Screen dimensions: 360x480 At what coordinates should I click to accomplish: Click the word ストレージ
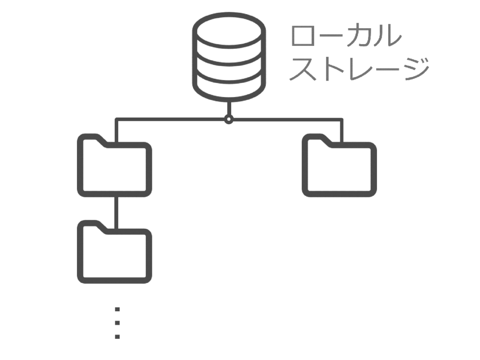pyautogui.click(x=359, y=69)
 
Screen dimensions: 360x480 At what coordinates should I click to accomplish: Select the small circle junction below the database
pyautogui.click(x=228, y=120)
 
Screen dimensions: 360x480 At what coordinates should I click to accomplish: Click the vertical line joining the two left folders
pyautogui.click(x=115, y=210)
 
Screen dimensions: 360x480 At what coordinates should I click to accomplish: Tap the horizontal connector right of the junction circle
pyautogui.click(x=286, y=120)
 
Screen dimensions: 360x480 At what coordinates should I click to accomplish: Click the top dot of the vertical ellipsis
pyautogui.click(x=117, y=309)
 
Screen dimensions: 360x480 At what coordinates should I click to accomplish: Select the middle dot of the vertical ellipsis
pyautogui.click(x=117, y=323)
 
